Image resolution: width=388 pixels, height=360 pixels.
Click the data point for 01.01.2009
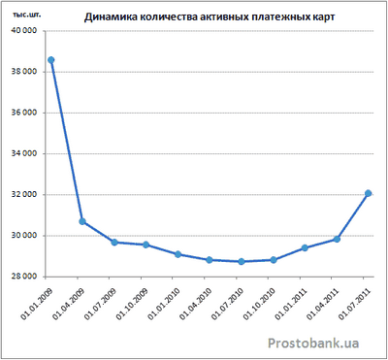(x=51, y=60)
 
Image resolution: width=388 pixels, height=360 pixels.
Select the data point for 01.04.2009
(x=82, y=221)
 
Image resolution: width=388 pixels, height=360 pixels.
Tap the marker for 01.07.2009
(x=114, y=242)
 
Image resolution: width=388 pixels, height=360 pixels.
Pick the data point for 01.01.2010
(x=178, y=254)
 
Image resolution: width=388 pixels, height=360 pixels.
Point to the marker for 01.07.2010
(x=241, y=261)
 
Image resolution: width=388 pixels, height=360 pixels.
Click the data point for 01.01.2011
(x=305, y=247)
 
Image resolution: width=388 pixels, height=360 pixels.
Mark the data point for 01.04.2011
(x=336, y=239)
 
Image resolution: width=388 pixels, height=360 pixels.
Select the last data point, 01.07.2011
(x=368, y=193)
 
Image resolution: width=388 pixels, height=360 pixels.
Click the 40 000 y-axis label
(x=24, y=30)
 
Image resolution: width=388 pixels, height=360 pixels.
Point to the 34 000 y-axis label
(x=24, y=153)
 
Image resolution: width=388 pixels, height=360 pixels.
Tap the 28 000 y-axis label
(x=24, y=277)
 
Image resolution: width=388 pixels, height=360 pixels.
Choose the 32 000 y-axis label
(x=24, y=195)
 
